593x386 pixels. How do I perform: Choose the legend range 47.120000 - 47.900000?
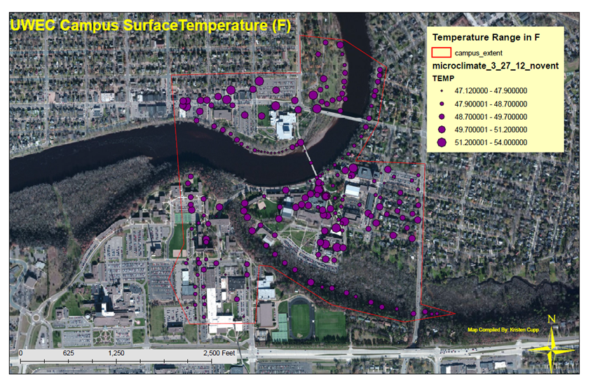pos(491,90)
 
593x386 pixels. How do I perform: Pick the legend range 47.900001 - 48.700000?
pos(491,104)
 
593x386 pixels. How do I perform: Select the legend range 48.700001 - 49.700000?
pos(491,116)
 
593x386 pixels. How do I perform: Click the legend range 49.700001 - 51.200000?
pos(491,130)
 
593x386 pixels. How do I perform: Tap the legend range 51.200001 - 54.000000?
pos(491,143)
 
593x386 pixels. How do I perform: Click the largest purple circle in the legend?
pos(442,143)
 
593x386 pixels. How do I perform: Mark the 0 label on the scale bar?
pos(21,354)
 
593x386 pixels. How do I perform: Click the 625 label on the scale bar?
pos(68,354)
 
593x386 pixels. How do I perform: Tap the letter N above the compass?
pos(552,320)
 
